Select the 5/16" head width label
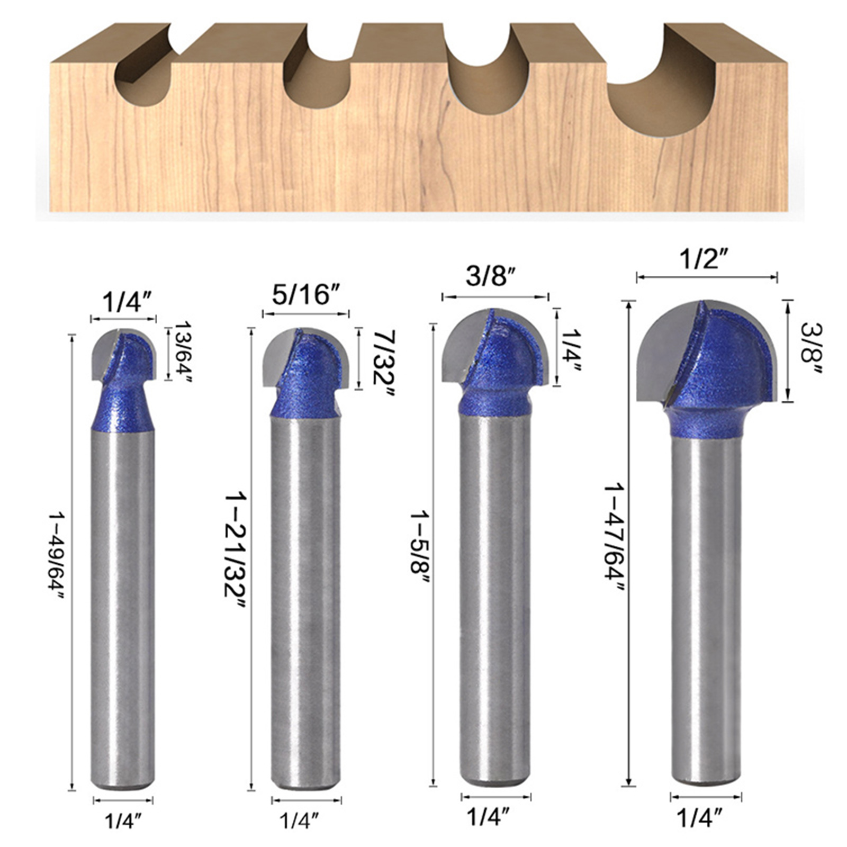(x=306, y=294)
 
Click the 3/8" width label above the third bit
(x=490, y=277)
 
